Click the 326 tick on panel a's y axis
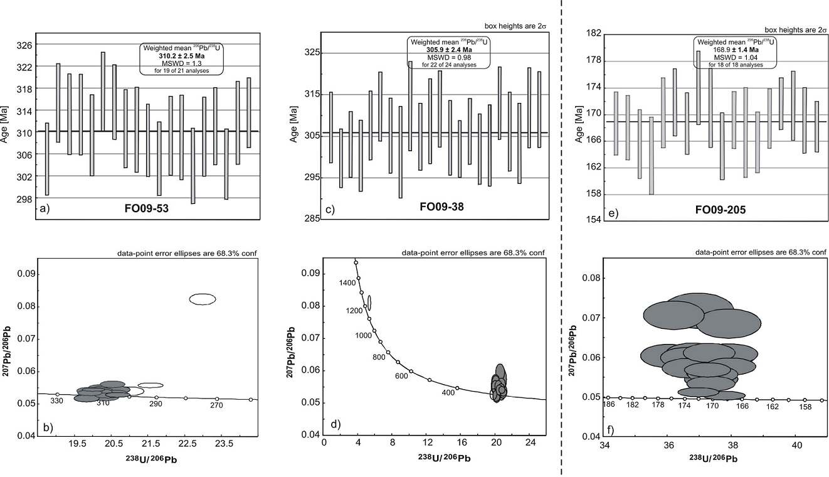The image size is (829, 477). [x=25, y=45]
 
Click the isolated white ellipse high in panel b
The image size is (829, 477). [x=203, y=299]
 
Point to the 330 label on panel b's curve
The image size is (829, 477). [x=57, y=401]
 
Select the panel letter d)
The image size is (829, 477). [x=335, y=425]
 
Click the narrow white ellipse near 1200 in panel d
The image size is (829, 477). [x=369, y=303]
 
